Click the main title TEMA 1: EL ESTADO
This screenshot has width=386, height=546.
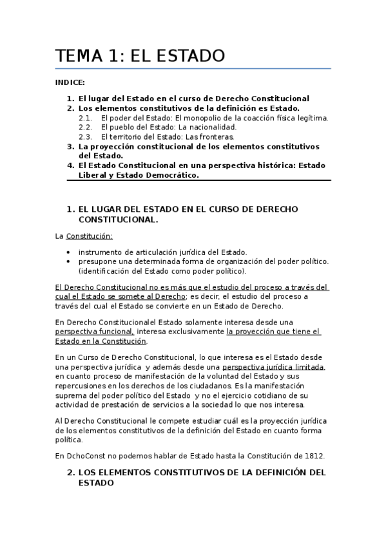(x=140, y=56)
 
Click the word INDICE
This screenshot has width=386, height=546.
(x=70, y=83)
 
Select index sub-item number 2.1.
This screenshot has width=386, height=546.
(x=86, y=118)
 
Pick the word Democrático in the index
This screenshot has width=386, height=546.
(x=169, y=175)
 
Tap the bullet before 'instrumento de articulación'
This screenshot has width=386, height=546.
(x=69, y=252)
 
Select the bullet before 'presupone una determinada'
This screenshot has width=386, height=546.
(x=69, y=261)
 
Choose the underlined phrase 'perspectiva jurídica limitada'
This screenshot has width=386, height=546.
(x=271, y=366)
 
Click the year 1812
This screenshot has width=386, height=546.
(x=314, y=455)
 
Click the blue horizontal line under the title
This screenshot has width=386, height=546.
(x=193, y=68)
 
